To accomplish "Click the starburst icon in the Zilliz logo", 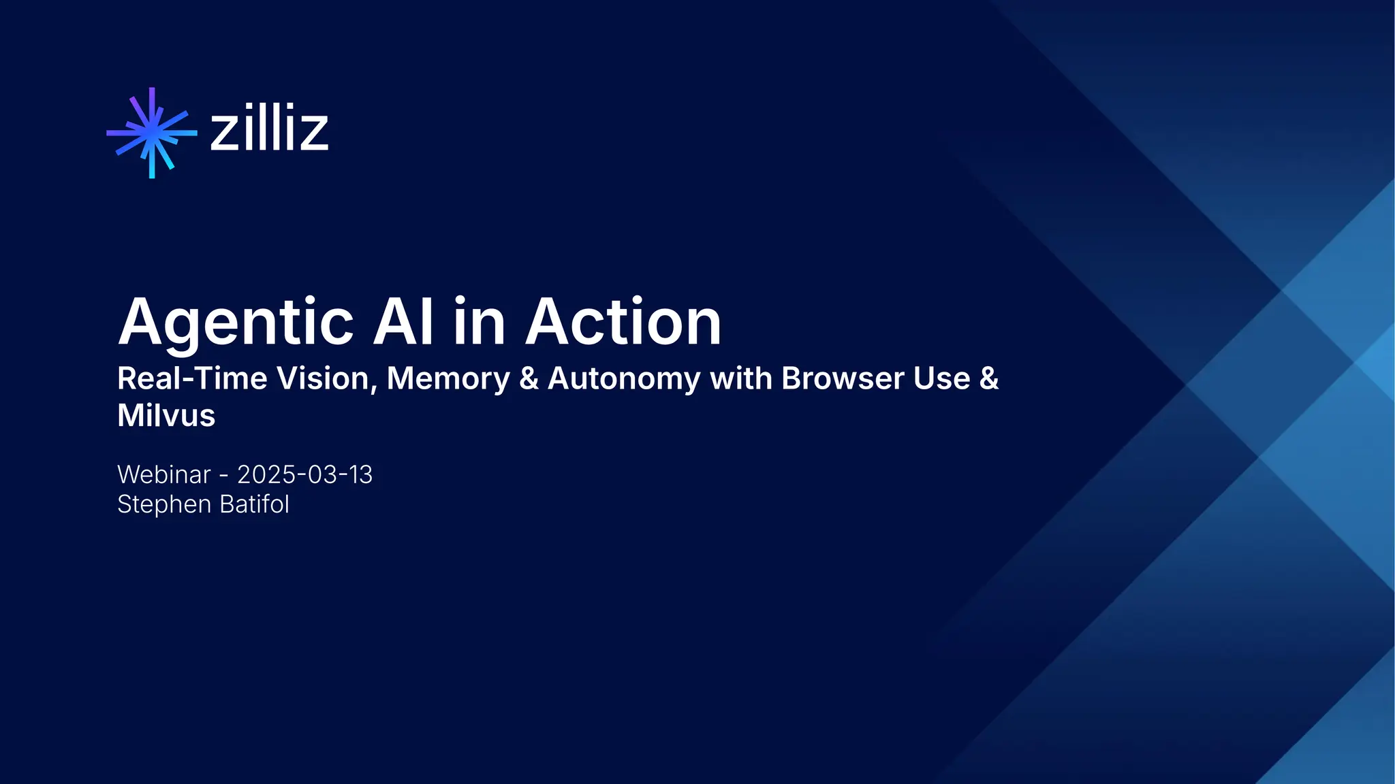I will [x=152, y=133].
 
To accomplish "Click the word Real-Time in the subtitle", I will [x=191, y=378].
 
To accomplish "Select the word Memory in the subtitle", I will [x=448, y=378].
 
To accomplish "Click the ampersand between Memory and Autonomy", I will [x=529, y=378].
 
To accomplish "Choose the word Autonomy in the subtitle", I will [x=624, y=378].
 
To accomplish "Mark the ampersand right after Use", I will [x=989, y=378].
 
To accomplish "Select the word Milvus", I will [x=166, y=415].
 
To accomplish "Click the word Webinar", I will [x=164, y=474].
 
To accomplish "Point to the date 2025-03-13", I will [x=304, y=474].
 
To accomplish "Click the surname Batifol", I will [x=255, y=504].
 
